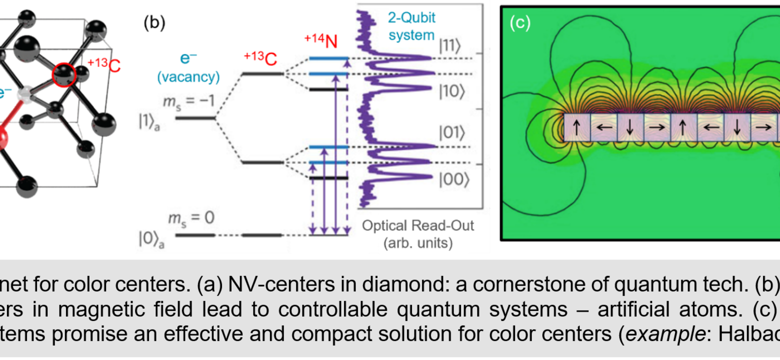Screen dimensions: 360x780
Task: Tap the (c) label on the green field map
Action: (520, 23)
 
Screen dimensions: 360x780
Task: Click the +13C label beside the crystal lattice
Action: (104, 65)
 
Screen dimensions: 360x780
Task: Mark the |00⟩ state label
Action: (453, 178)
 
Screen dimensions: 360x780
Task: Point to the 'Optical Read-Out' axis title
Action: (418, 226)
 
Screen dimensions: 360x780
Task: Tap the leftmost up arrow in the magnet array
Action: (576, 127)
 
